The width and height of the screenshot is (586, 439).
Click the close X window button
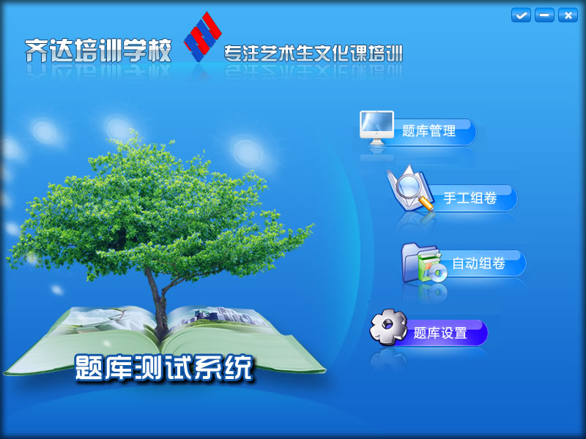[x=568, y=15]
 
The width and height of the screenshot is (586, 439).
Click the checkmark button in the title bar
[x=521, y=15]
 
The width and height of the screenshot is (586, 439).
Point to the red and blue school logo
[x=203, y=36]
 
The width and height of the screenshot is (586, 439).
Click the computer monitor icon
[x=377, y=127]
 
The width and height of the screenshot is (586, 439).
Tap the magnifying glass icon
[x=409, y=189]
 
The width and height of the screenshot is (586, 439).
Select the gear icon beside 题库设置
[x=388, y=326]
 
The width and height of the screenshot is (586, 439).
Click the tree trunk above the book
[x=158, y=302]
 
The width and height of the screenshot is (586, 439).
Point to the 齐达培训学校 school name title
[x=98, y=50]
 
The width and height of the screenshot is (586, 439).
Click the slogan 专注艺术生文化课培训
[x=314, y=53]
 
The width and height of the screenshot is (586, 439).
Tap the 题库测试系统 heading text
[x=164, y=368]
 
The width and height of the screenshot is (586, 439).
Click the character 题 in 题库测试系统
[x=89, y=368]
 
